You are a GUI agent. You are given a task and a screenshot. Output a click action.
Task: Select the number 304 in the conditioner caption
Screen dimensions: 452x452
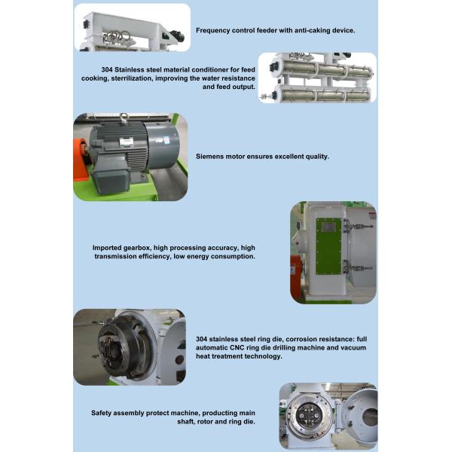tap(107, 69)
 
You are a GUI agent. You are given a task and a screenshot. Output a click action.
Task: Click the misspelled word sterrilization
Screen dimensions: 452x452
tap(132, 78)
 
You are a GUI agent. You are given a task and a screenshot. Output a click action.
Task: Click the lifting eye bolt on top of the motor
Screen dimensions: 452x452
tap(124, 117)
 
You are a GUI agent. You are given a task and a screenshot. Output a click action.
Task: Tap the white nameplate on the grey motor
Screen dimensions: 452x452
tap(127, 142)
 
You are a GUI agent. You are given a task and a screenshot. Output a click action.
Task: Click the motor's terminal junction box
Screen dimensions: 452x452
tap(111, 182)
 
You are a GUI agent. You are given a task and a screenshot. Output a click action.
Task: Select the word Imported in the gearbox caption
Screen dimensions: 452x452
tap(107, 248)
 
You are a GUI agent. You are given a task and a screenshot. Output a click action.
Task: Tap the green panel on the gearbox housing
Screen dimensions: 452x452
tap(328, 246)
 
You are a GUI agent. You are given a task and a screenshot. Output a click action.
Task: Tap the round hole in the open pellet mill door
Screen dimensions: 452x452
tap(370, 417)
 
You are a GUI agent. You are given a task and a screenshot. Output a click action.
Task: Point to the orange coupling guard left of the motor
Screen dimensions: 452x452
tap(80, 159)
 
